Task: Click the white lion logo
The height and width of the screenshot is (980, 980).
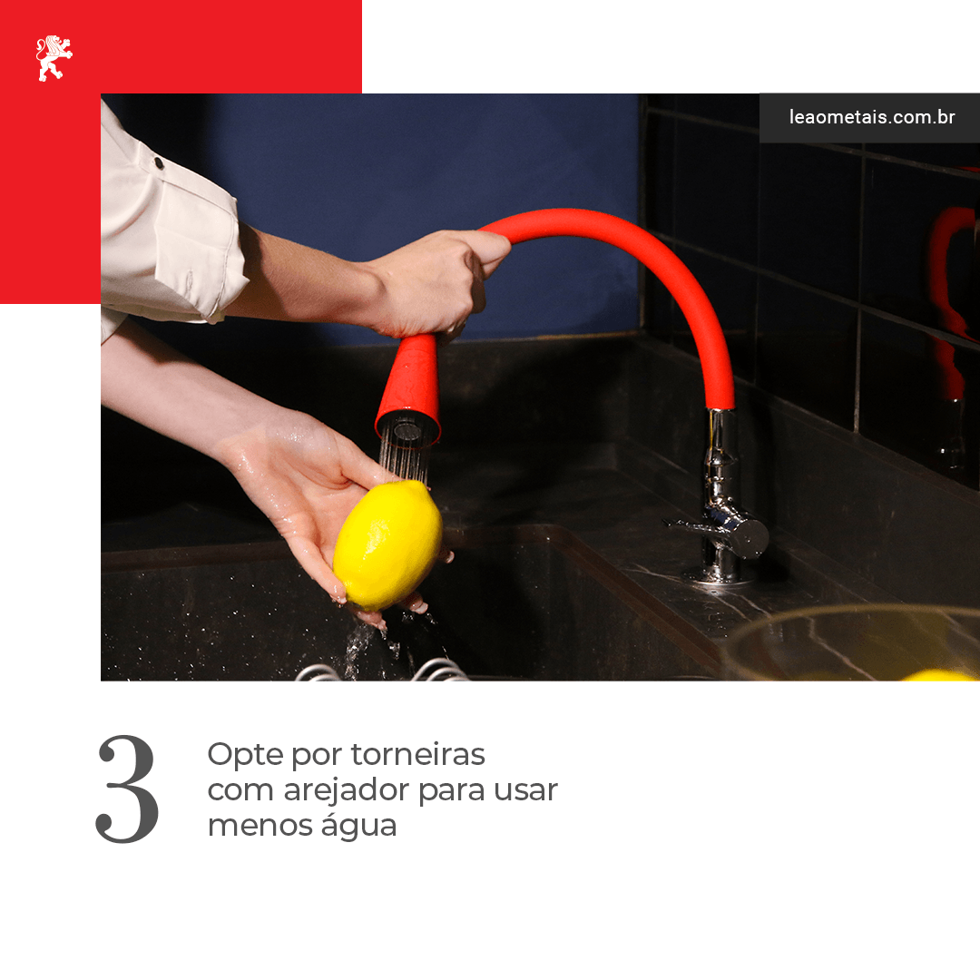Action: tap(54, 58)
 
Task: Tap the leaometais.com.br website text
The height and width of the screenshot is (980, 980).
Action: tap(872, 117)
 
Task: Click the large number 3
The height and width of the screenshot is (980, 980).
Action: tap(128, 789)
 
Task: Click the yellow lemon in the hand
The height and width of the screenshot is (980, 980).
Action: tap(387, 544)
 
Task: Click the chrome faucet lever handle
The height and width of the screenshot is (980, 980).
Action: tap(719, 531)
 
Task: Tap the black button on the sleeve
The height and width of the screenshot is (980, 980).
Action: tap(159, 163)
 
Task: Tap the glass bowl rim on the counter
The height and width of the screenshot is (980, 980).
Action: tap(850, 615)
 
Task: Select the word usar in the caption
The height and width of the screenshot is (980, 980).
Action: tap(525, 791)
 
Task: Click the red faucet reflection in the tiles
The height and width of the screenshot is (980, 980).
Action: tap(950, 300)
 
